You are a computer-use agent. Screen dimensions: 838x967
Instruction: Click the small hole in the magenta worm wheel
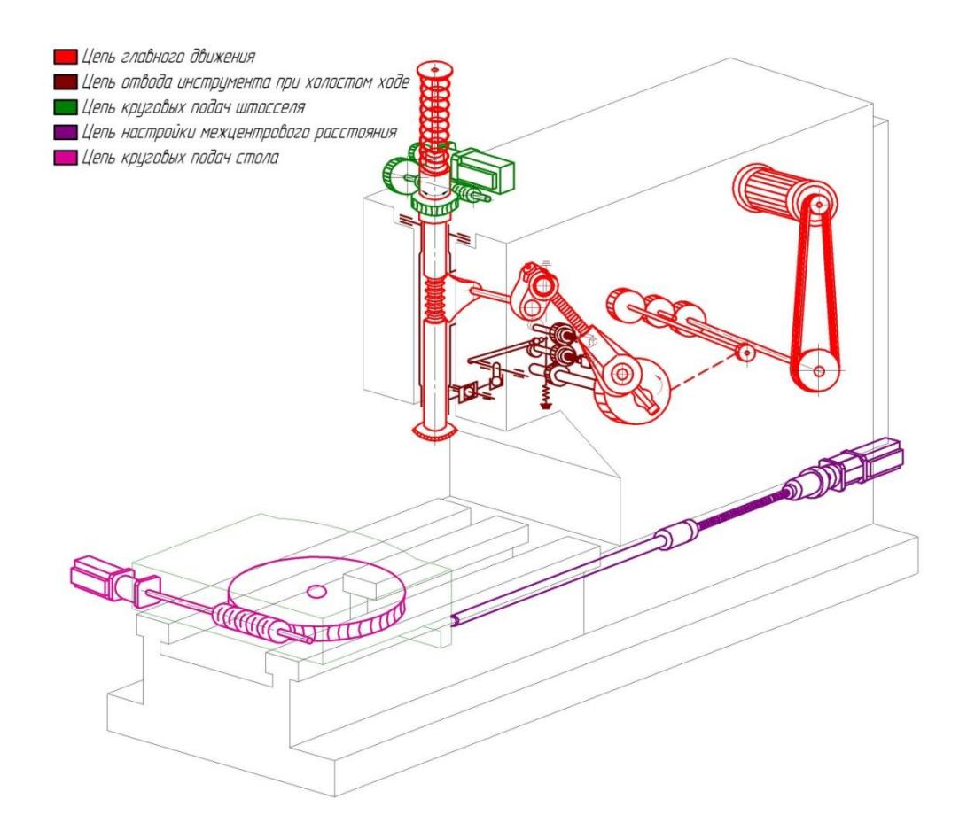(x=316, y=589)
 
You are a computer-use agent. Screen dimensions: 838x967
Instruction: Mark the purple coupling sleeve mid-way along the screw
(x=675, y=535)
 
